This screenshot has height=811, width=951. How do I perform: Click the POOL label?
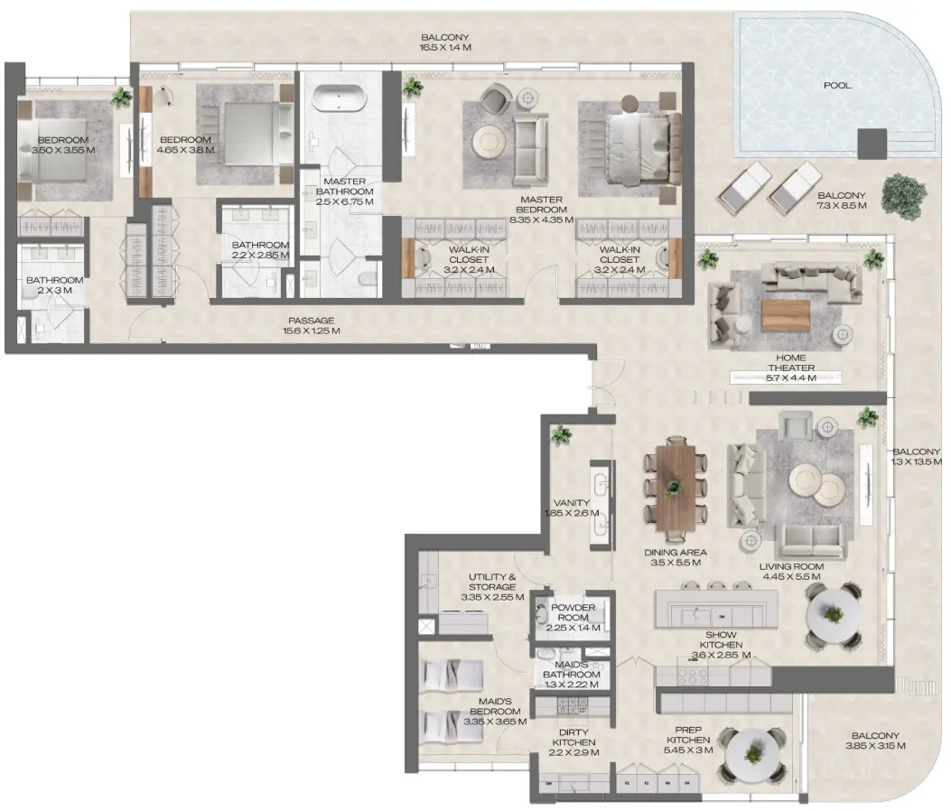click(x=837, y=87)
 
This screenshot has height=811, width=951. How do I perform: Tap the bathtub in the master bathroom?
click(x=336, y=97)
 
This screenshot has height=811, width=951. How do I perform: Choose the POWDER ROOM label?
click(x=573, y=613)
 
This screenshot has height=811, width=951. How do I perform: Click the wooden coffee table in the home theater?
click(x=785, y=314)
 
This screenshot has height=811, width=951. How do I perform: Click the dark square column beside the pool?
click(x=872, y=143)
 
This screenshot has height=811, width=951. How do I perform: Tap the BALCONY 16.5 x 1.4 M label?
click(x=445, y=43)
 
